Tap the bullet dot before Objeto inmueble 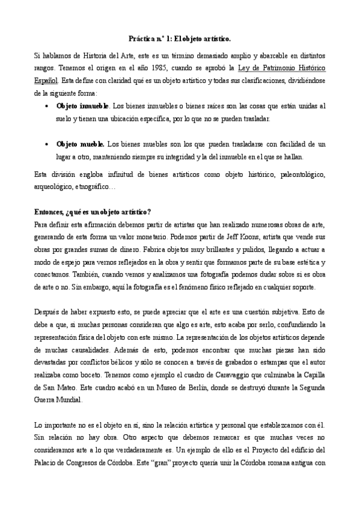pos(47,106)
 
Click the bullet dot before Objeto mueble pos(47,144)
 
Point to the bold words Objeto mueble pos(81,144)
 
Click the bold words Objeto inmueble pos(83,106)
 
